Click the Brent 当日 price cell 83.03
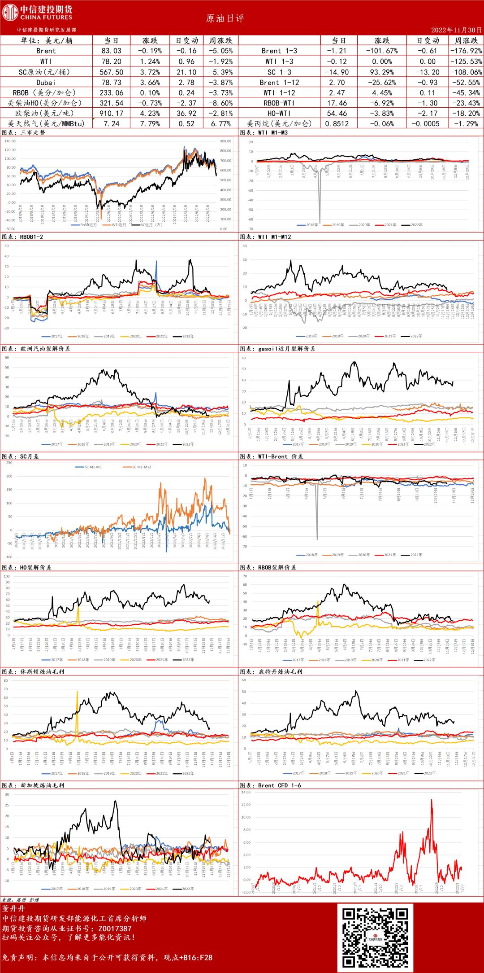pyautogui.click(x=112, y=51)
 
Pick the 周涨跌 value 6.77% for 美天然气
pyautogui.click(x=220, y=123)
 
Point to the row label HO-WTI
pyautogui.click(x=279, y=114)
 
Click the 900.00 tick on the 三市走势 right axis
pyautogui.click(x=226, y=141)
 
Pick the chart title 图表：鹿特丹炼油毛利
pyautogui.click(x=271, y=672)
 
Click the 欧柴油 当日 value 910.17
pyautogui.click(x=112, y=114)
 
